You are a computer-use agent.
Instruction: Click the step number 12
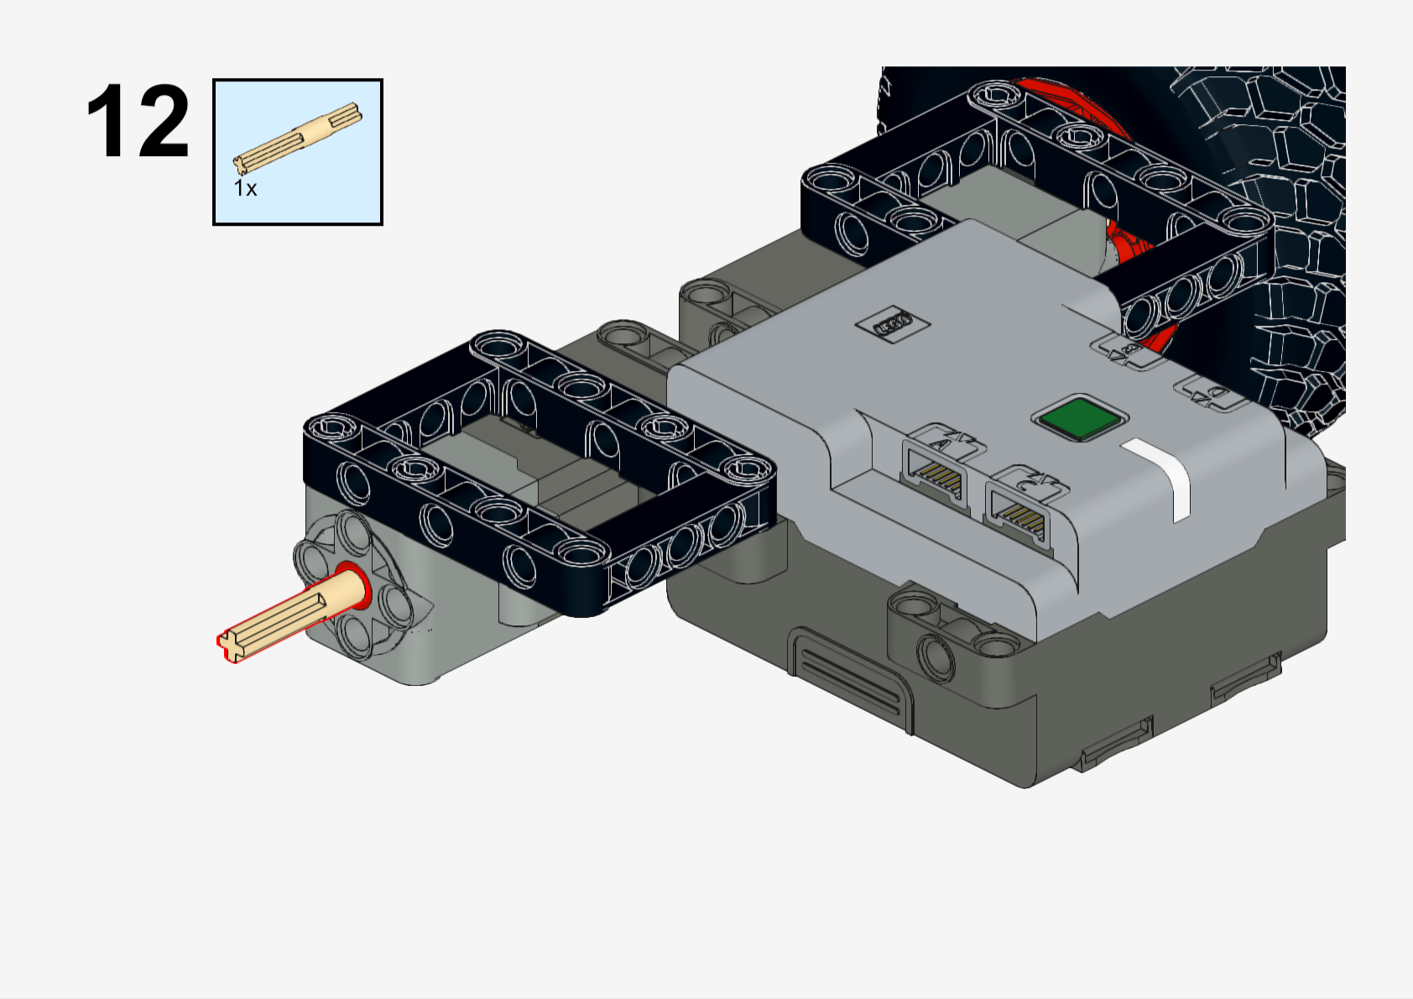coord(138,122)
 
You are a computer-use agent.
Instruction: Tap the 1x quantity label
coord(245,188)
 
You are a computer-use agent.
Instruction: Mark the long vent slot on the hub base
coord(847,672)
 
